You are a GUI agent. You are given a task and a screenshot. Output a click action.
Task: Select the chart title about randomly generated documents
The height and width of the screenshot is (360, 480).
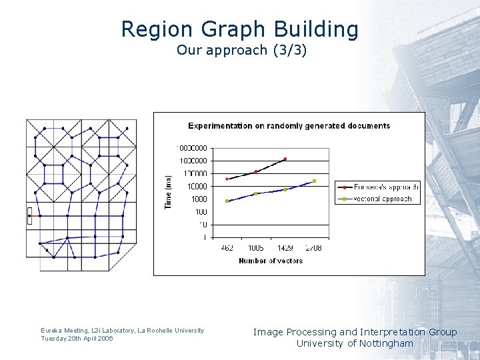(x=289, y=125)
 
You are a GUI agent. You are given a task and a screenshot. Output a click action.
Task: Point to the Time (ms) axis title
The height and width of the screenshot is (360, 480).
(x=168, y=192)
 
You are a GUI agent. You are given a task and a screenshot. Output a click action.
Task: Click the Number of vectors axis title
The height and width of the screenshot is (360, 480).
(x=271, y=261)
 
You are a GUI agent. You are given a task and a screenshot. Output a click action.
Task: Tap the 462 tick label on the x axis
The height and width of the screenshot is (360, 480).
(x=227, y=248)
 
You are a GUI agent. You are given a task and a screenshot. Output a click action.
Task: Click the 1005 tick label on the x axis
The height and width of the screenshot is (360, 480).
(x=256, y=248)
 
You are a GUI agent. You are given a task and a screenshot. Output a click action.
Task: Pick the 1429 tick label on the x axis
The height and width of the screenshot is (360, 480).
(x=285, y=248)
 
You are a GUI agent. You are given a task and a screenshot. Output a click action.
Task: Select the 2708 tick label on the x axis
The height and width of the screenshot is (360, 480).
(x=313, y=248)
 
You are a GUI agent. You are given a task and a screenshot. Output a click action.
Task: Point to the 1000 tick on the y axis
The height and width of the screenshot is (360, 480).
(x=198, y=199)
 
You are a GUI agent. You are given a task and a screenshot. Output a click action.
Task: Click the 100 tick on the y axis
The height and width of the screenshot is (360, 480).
(x=201, y=211)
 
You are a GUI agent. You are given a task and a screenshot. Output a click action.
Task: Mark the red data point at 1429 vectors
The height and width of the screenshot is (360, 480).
(x=285, y=159)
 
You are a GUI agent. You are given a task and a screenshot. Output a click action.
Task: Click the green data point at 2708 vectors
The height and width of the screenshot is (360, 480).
(x=314, y=181)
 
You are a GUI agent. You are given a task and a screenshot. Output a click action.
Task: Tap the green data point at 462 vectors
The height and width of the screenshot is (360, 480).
(x=227, y=201)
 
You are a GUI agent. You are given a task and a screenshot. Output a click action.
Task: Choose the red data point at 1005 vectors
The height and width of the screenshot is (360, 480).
(x=256, y=172)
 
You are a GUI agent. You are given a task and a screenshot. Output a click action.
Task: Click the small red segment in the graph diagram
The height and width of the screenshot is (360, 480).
(x=29, y=215)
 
